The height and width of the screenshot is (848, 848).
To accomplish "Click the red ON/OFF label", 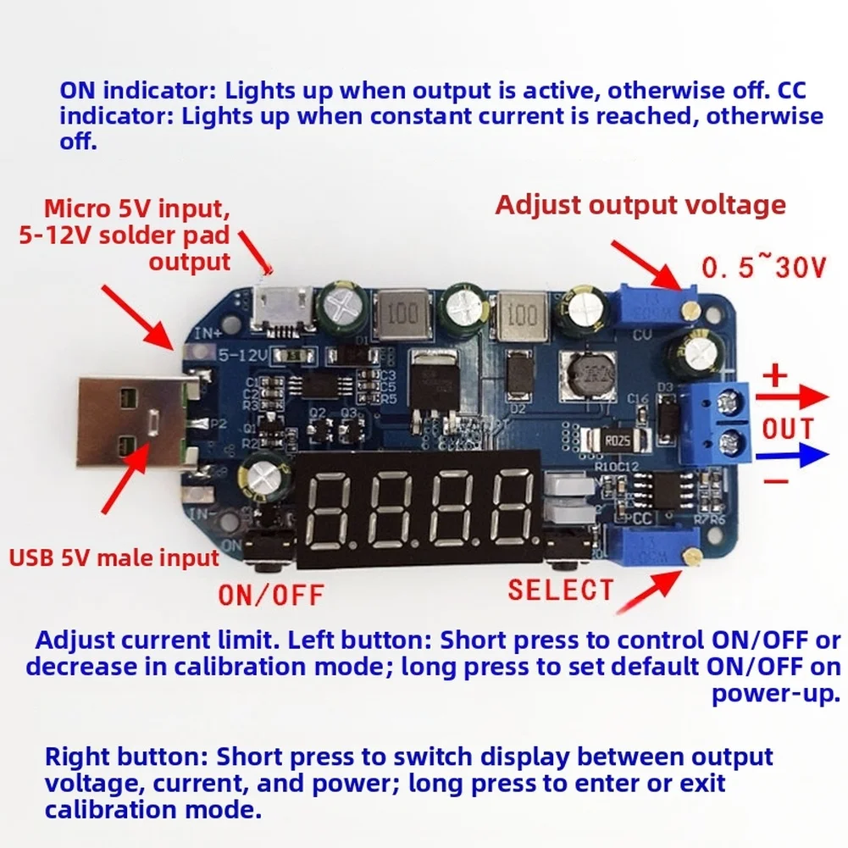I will pos(271,594).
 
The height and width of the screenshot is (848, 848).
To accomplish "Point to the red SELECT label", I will pos(560,589).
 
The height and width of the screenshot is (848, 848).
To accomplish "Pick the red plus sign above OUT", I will pos(776,376).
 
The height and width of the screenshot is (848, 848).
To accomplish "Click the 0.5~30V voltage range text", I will pos(763,269).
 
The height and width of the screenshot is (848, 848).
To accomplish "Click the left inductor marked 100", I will pos(402,314).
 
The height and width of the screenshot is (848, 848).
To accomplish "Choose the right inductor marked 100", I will pos(520,314).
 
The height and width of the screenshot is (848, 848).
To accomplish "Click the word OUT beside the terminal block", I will pos(787,428).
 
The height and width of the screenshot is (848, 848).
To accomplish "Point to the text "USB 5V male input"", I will pos(114,557).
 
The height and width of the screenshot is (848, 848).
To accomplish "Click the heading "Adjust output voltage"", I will pos(640,205).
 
